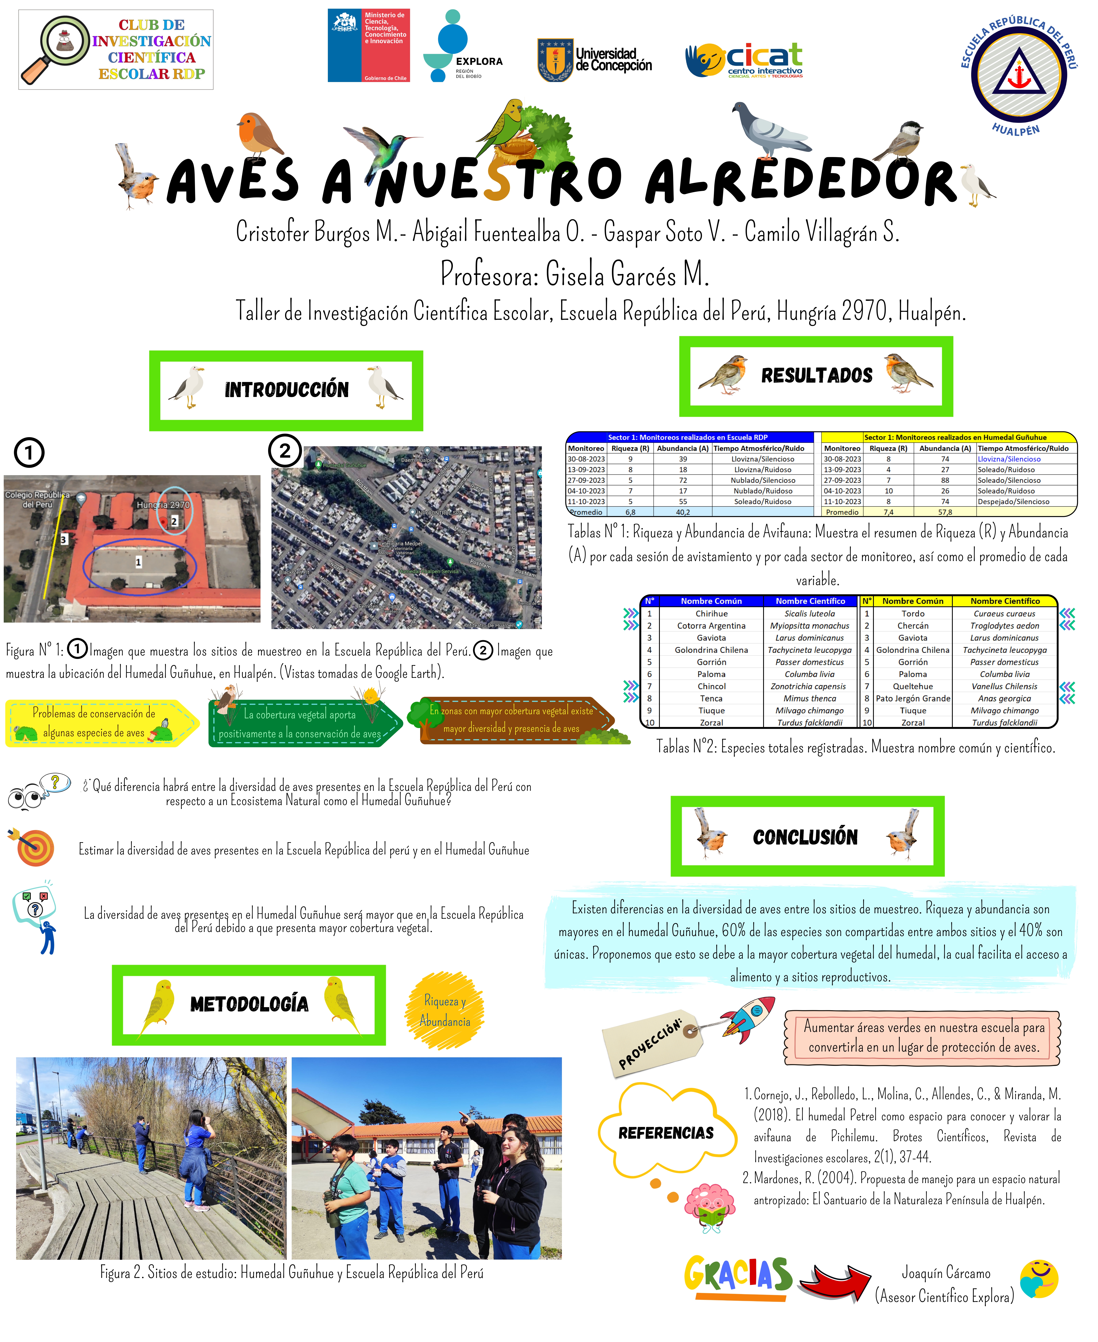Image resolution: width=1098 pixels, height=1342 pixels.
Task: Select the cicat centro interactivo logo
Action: (x=745, y=60)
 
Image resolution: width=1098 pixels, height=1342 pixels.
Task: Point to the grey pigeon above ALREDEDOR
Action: (x=769, y=130)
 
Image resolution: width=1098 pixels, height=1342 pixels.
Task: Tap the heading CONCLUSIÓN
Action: (x=805, y=837)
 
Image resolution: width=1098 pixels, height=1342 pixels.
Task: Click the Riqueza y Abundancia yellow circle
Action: (x=445, y=1011)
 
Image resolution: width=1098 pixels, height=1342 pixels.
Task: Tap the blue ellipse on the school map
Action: (x=139, y=566)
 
